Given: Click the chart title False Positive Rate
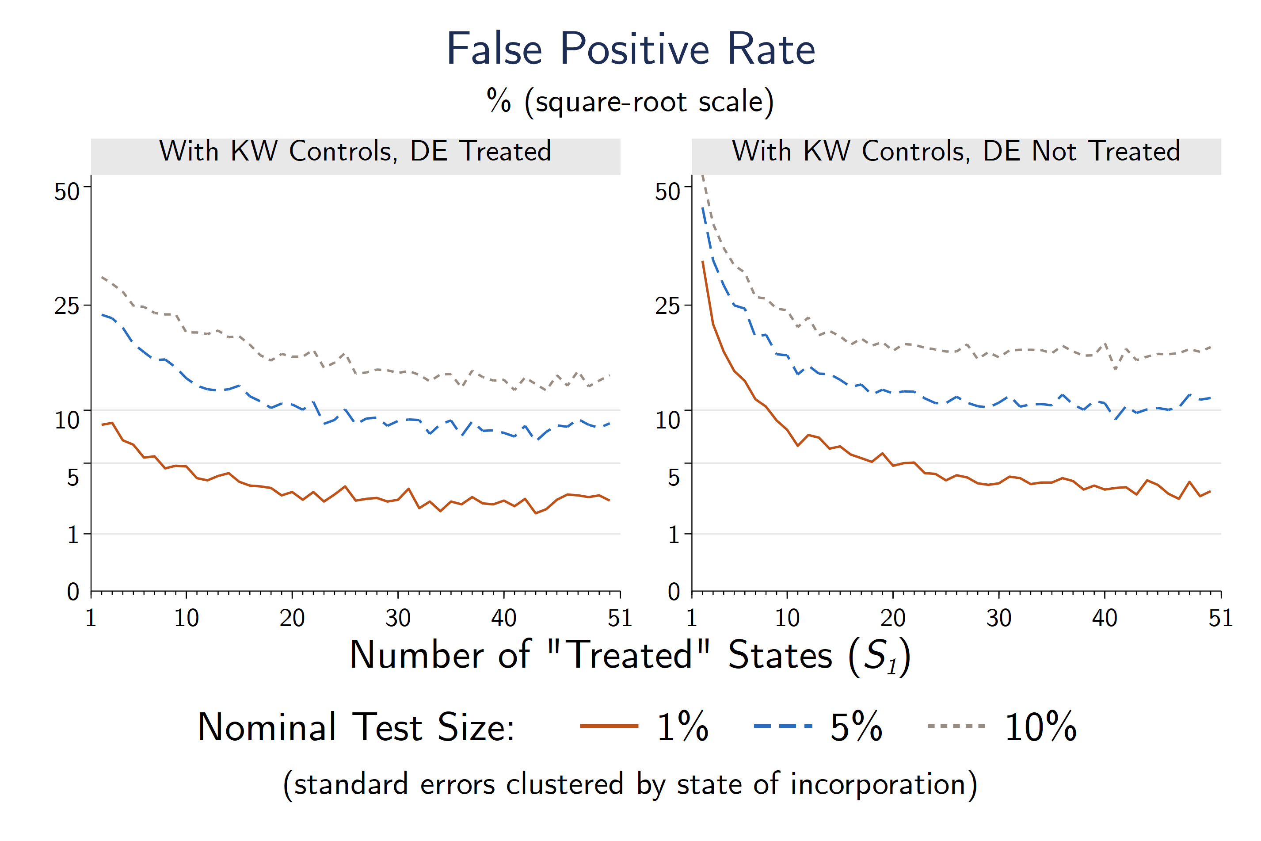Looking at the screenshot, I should click(x=630, y=50).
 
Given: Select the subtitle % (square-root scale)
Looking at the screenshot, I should click(x=630, y=101).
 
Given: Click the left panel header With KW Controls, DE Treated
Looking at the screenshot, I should click(x=355, y=151).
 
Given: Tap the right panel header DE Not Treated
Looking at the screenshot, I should click(x=956, y=151).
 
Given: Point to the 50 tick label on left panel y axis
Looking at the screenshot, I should click(x=66, y=192).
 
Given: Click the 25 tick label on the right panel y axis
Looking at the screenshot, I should click(x=667, y=306).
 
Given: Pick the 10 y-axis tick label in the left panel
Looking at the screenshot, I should click(x=66, y=420).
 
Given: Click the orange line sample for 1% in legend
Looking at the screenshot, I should click(x=609, y=726).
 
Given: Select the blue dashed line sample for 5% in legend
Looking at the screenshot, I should click(x=783, y=726).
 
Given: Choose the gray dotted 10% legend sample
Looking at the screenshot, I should click(x=956, y=726).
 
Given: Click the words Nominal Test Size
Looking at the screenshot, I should click(x=356, y=727).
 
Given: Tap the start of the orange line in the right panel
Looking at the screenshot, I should click(x=703, y=262).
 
